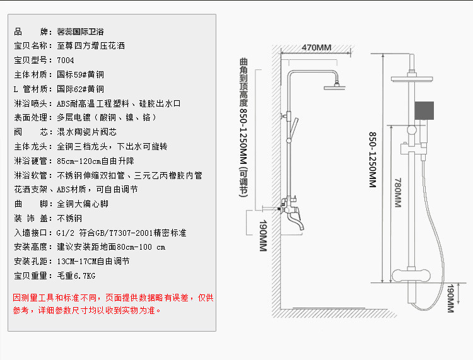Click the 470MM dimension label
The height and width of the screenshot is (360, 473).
click(x=316, y=48)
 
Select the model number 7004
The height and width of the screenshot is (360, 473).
click(x=66, y=61)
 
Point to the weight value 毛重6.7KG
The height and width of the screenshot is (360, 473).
click(x=76, y=276)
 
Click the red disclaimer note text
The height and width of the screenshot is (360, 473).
click(x=114, y=303)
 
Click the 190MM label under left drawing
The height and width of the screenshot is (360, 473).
click(x=260, y=236)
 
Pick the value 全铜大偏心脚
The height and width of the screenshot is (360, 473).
click(x=83, y=204)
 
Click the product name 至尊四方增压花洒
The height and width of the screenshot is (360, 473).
click(x=91, y=46)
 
